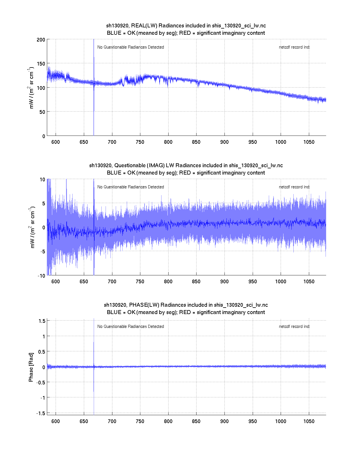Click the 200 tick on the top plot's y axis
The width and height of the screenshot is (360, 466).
41,40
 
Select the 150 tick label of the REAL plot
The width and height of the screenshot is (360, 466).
41,64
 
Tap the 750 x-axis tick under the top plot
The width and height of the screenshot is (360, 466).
140,142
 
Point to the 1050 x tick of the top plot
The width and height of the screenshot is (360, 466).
309,142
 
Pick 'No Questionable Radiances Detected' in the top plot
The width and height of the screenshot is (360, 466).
130,47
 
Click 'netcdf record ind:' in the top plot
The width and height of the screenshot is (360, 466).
294,47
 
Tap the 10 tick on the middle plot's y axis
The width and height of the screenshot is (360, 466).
42,179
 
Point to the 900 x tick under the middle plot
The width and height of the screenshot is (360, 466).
224,282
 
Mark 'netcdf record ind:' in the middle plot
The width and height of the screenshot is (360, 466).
294,187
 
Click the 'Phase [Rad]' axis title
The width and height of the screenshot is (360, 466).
31,367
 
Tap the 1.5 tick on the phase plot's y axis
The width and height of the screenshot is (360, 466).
42,321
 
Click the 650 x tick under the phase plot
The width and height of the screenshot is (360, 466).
84,421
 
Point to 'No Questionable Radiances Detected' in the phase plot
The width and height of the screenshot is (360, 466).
130,326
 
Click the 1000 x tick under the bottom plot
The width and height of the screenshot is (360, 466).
281,421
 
